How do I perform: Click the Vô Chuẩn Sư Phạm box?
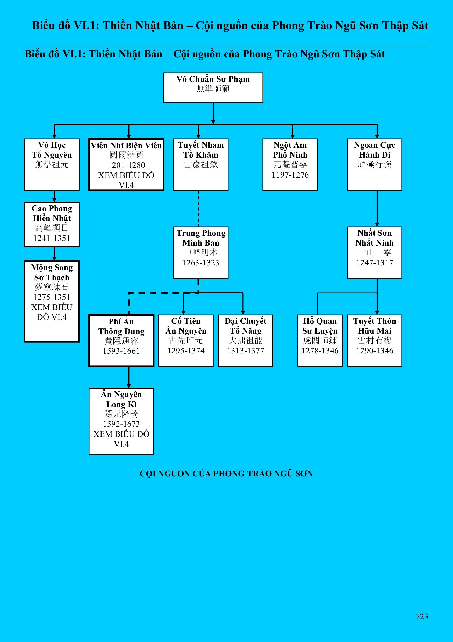coord(213,87)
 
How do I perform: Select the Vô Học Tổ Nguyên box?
coord(52,164)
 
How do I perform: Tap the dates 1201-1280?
coord(126,165)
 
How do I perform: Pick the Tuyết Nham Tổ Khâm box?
coord(201,164)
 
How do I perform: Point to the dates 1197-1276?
coord(290,175)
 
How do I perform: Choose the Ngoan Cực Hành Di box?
coord(374,164)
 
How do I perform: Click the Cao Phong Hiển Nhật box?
coord(52,224)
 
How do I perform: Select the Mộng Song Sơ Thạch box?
coord(52,301)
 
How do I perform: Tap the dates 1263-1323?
coord(201,263)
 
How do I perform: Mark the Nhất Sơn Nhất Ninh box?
coord(374,252)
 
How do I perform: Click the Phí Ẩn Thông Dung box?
coord(121,340)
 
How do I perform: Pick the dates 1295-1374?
coord(186,351)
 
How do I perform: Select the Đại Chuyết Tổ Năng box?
coord(245,340)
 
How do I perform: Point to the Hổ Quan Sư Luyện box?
coord(320,340)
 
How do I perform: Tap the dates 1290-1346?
coord(374,351)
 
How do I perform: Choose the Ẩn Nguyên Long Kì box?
coord(121,421)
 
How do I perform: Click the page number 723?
coord(422,617)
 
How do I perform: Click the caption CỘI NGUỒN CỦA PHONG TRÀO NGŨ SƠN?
coord(226,474)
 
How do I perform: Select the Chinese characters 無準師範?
coord(213,89)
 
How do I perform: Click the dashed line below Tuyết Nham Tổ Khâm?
coord(198,209)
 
